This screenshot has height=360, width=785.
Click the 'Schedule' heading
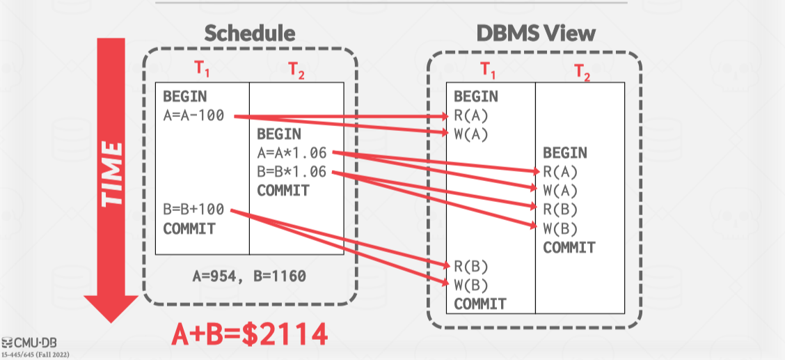point(249,33)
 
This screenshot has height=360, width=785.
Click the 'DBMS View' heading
point(536,33)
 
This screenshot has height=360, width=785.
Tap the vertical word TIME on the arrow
point(111,173)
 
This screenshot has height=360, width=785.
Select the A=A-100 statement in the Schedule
point(193,116)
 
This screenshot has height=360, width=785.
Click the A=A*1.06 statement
point(292,153)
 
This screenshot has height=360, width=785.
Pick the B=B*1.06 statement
point(292,172)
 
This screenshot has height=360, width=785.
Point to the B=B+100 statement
point(193,210)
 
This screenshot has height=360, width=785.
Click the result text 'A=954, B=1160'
point(248,276)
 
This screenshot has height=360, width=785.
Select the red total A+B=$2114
point(249,335)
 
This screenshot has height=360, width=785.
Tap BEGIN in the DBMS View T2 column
point(564,152)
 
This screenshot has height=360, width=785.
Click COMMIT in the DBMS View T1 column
point(480,304)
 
